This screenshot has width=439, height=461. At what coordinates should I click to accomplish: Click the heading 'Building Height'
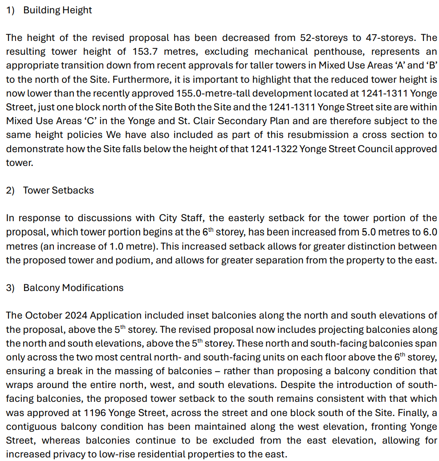(x=57, y=10)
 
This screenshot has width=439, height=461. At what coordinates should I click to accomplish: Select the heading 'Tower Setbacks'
(x=58, y=190)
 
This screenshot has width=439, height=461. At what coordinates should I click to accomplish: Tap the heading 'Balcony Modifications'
(x=73, y=288)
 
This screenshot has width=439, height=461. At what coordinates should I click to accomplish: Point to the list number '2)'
(x=11, y=190)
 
